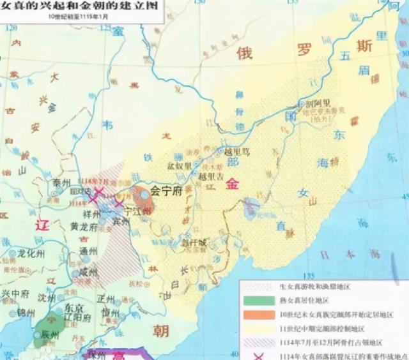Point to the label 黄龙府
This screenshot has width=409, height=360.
pyautogui.click(x=84, y=226)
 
